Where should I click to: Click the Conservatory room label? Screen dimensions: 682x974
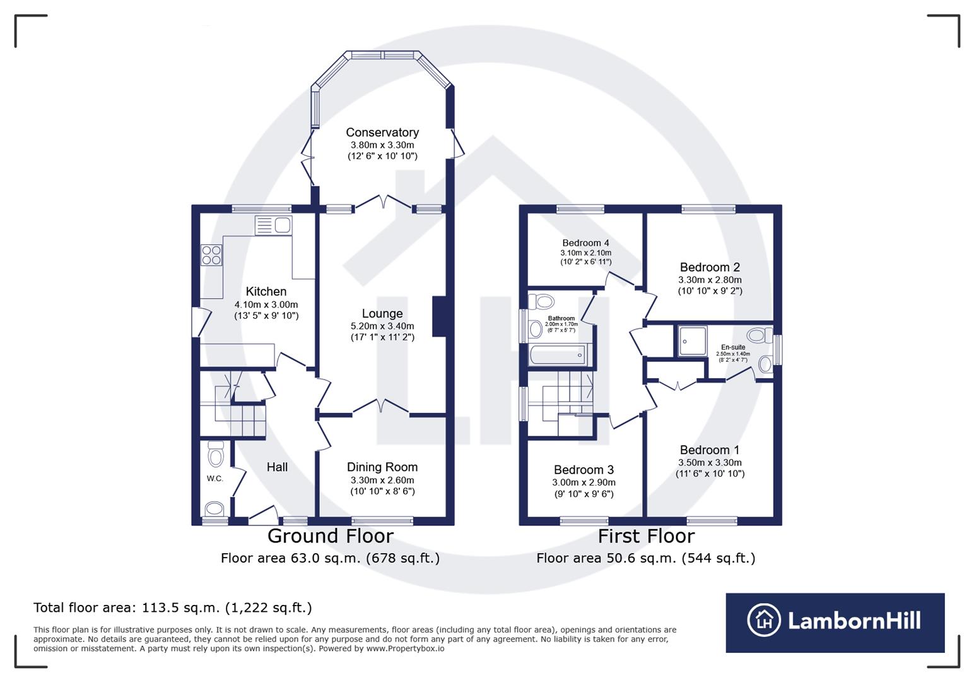pos(382,133)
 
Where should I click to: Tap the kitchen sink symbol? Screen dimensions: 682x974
pos(274,225)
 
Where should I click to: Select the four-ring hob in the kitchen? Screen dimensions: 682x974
pos(211,254)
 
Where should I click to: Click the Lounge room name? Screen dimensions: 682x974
pos(382,314)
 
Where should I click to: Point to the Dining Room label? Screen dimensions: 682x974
pos(382,467)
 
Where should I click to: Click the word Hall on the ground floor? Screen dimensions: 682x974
pos(277,467)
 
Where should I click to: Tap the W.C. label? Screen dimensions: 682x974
pos(215,479)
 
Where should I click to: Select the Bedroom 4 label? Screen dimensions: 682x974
pos(585,243)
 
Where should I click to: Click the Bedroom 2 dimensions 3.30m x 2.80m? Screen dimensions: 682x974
pos(710,280)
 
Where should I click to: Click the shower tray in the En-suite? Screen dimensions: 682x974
pos(692,341)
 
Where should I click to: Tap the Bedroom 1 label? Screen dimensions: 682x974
pos(710,450)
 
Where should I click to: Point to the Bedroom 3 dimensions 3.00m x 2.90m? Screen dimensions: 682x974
pos(584,482)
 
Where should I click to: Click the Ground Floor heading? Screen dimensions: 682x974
pos(331,536)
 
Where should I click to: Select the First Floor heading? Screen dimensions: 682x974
pos(646,536)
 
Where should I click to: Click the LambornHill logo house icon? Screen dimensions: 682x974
pos(763,620)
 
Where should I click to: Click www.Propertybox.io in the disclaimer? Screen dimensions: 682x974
pos(405,649)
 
